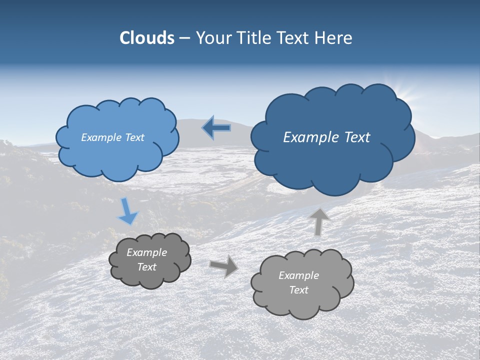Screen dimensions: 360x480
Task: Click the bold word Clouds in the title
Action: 146,38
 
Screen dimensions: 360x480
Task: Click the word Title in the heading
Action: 254,38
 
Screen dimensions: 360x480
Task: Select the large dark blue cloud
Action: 330,160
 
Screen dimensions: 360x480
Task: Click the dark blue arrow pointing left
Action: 217,128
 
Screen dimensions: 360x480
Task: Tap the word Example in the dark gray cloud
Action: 146,252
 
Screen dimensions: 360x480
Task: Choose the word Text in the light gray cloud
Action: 298,290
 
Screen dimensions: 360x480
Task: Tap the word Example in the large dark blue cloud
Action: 309,137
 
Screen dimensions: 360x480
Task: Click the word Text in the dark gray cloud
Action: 146,267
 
